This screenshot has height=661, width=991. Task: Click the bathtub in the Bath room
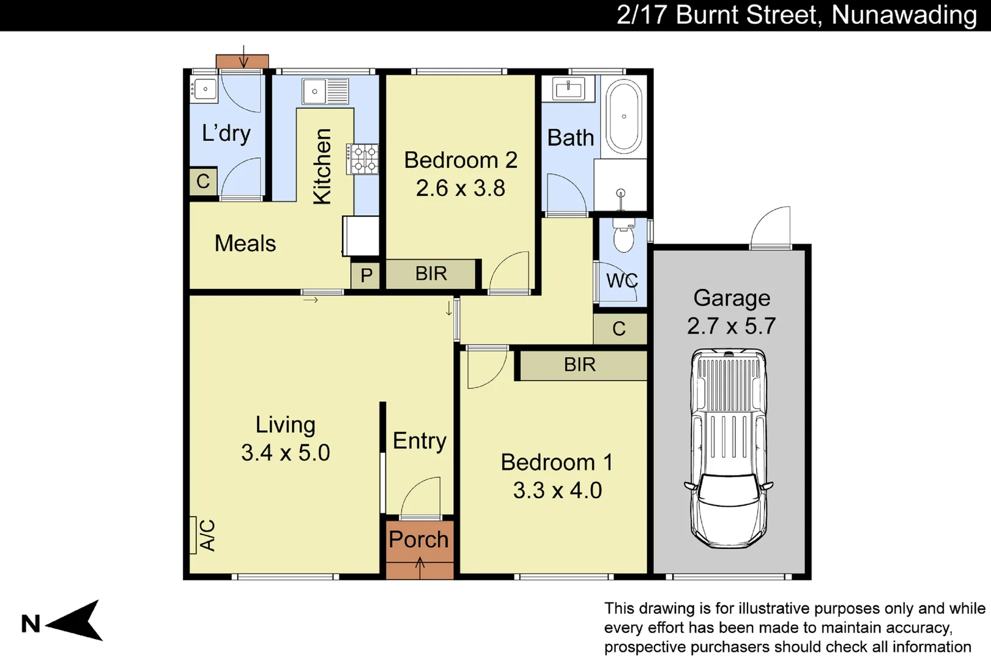click(624, 116)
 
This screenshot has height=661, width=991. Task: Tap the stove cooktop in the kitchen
click(363, 159)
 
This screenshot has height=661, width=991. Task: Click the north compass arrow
click(76, 621)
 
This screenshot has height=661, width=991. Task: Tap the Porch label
click(419, 540)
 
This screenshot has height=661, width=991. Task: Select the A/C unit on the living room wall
click(193, 535)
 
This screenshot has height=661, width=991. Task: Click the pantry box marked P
click(366, 275)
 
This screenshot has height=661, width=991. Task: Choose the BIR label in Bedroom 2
click(431, 274)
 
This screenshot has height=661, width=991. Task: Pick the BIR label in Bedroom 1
click(579, 365)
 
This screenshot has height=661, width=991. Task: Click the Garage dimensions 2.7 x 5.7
click(731, 326)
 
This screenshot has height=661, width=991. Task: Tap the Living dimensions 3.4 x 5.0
click(285, 453)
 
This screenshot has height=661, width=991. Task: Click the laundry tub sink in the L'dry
click(204, 89)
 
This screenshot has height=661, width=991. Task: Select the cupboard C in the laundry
click(203, 181)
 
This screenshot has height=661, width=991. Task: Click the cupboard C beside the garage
click(619, 329)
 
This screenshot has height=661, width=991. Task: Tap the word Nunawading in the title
click(904, 15)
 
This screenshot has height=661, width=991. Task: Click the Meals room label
click(245, 244)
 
